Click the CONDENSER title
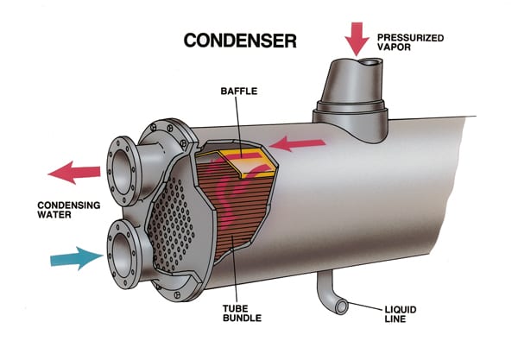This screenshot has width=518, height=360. click(240, 41)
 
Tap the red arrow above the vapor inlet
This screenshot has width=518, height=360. click(357, 39)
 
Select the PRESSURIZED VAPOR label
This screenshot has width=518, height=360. click(410, 42)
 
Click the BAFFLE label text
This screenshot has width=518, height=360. click(239, 92)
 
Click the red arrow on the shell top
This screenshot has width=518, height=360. click(296, 144)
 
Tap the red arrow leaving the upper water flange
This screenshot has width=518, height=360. click(74, 173)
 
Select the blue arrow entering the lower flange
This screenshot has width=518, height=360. click(77, 258)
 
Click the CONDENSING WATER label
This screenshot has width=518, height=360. click(69, 210)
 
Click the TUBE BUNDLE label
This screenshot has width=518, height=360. click(242, 313)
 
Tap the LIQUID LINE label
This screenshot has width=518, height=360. click(401, 314)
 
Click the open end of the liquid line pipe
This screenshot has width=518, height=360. click(342, 307)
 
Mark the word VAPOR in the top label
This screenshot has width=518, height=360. click(395, 47)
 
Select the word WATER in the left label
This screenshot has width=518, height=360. click(54, 215)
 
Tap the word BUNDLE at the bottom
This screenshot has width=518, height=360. click(242, 318)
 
